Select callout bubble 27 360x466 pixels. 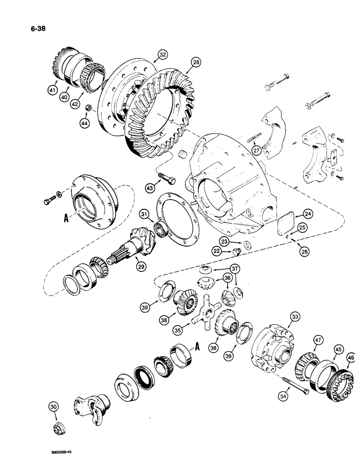pos(256,150)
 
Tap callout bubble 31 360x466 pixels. pos(145,214)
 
